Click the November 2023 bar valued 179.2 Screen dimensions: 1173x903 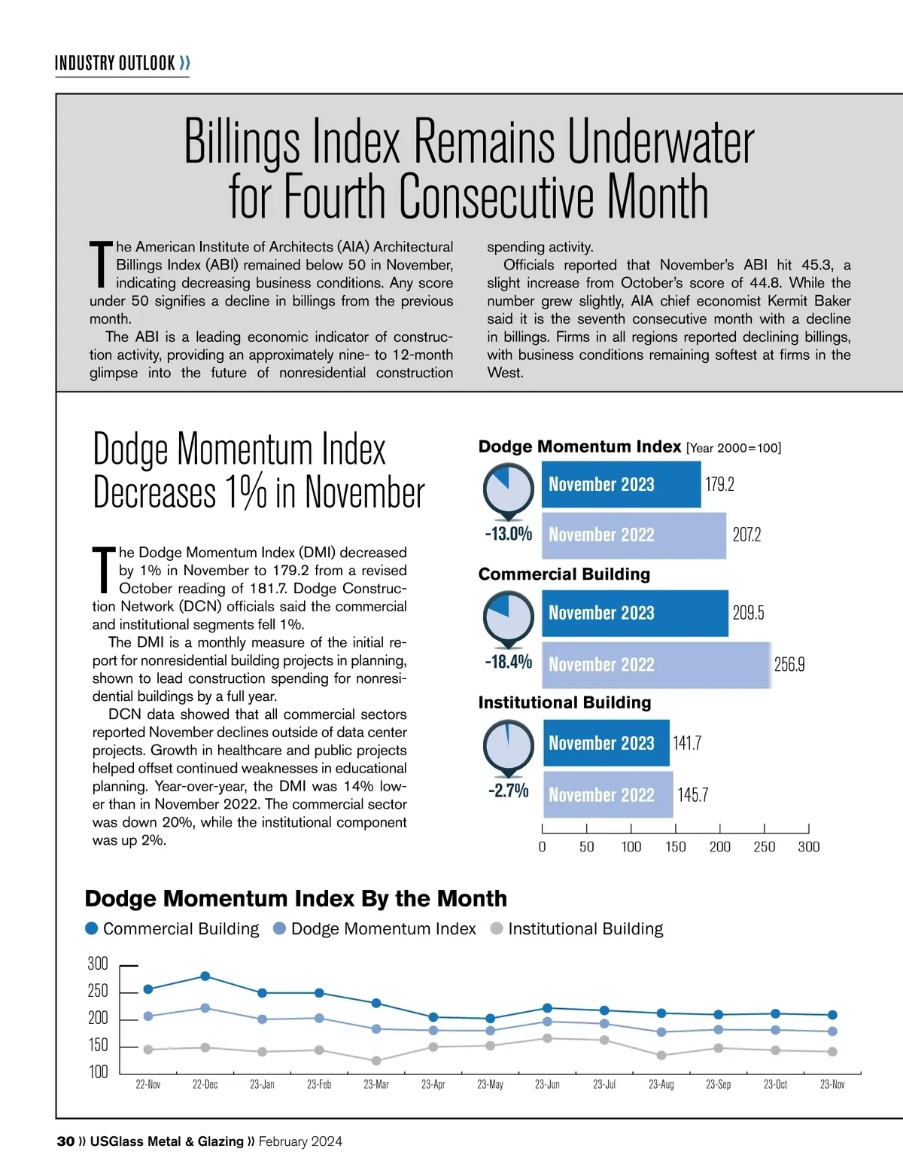(621, 484)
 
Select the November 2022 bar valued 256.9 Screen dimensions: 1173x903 (656, 664)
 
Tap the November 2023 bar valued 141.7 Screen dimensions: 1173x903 (606, 742)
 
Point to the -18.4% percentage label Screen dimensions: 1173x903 (509, 662)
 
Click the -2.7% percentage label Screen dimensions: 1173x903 (509, 791)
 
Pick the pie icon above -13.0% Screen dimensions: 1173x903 (509, 489)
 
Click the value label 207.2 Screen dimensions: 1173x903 (746, 535)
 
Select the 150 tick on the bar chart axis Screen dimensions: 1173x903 (675, 846)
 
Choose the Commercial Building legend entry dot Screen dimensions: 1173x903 (92, 928)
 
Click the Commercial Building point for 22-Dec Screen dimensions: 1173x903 (205, 976)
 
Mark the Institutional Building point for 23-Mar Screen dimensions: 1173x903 (376, 1061)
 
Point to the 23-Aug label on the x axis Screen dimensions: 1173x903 (661, 1084)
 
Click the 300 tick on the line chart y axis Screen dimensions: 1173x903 (98, 964)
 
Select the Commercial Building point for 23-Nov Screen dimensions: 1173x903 (832, 1015)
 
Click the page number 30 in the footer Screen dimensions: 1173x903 (65, 1141)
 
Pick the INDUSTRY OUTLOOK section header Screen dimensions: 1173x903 (115, 62)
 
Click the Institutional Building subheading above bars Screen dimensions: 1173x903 (564, 702)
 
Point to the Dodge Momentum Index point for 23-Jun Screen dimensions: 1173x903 (547, 1022)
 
